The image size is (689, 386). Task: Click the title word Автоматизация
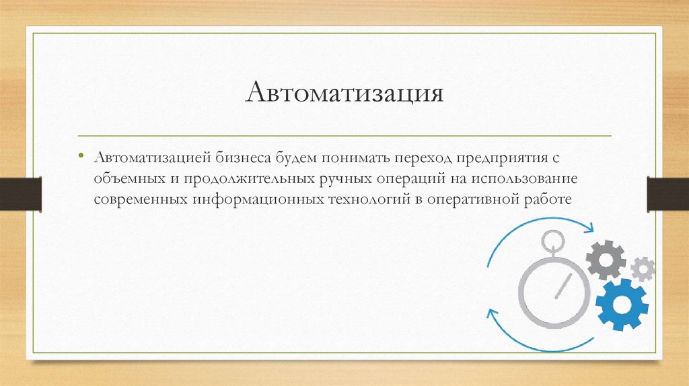click(344, 93)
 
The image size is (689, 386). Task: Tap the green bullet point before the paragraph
click(81, 155)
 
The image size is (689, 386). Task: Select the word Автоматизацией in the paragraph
click(153, 157)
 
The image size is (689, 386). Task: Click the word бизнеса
click(244, 157)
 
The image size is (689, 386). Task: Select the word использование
click(525, 179)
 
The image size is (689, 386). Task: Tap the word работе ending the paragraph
click(548, 200)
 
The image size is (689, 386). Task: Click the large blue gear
click(621, 305)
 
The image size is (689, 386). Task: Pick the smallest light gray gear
click(643, 269)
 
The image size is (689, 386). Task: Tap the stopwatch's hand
click(563, 286)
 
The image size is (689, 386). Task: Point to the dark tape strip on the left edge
click(21, 194)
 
